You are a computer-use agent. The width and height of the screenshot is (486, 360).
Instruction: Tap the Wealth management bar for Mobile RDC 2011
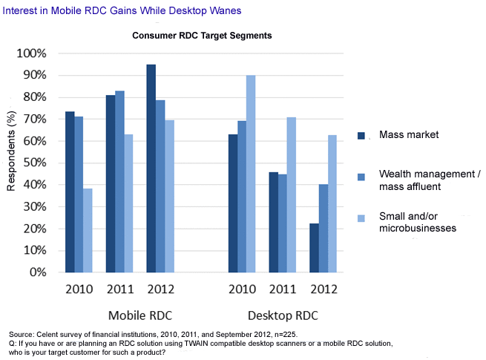pyautogui.click(x=119, y=181)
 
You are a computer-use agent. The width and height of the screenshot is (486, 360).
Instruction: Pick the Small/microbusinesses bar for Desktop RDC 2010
pyautogui.click(x=252, y=174)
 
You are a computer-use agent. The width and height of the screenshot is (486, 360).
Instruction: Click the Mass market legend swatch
pyautogui.click(x=362, y=136)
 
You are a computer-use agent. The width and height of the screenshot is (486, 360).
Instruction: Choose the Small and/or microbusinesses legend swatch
pyautogui.click(x=362, y=219)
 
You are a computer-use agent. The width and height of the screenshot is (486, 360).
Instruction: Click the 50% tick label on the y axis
pyautogui.click(x=33, y=163)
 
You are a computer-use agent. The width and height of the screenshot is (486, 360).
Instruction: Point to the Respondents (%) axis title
pyautogui.click(x=11, y=149)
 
